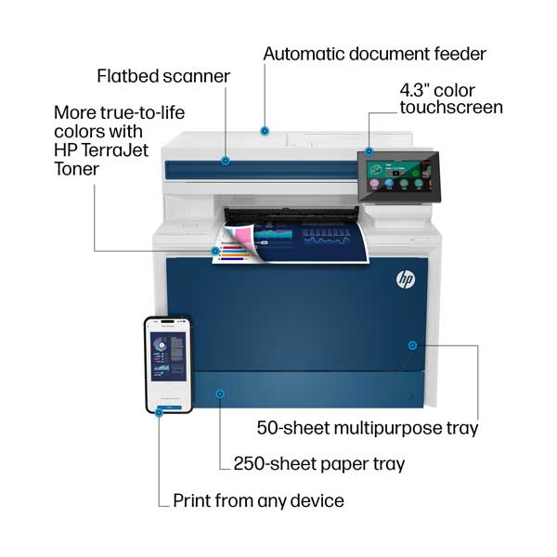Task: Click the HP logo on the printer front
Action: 406,278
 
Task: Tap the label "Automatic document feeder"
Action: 374,53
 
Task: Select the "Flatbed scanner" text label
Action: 163,75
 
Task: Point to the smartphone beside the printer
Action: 167,362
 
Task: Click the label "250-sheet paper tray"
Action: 317,463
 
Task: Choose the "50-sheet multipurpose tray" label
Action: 368,428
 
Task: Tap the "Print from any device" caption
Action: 258,501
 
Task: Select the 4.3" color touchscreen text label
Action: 451,98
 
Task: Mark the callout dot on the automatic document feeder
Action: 265,132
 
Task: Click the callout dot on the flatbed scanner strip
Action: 226,160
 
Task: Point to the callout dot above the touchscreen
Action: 369,150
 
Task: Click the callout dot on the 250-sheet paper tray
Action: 220,395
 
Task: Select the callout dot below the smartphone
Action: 159,414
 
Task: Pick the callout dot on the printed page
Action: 216,250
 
